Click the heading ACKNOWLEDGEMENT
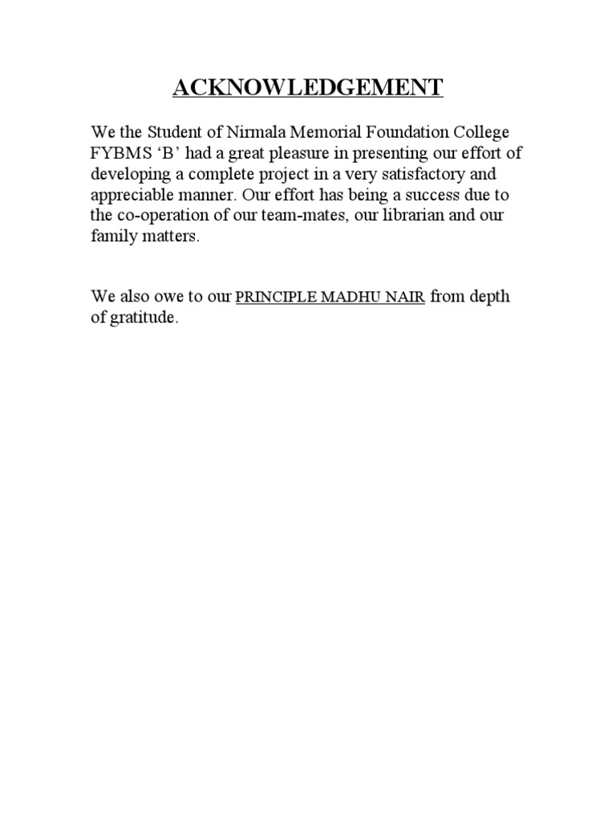307,87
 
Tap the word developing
128,175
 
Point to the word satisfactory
432,175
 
